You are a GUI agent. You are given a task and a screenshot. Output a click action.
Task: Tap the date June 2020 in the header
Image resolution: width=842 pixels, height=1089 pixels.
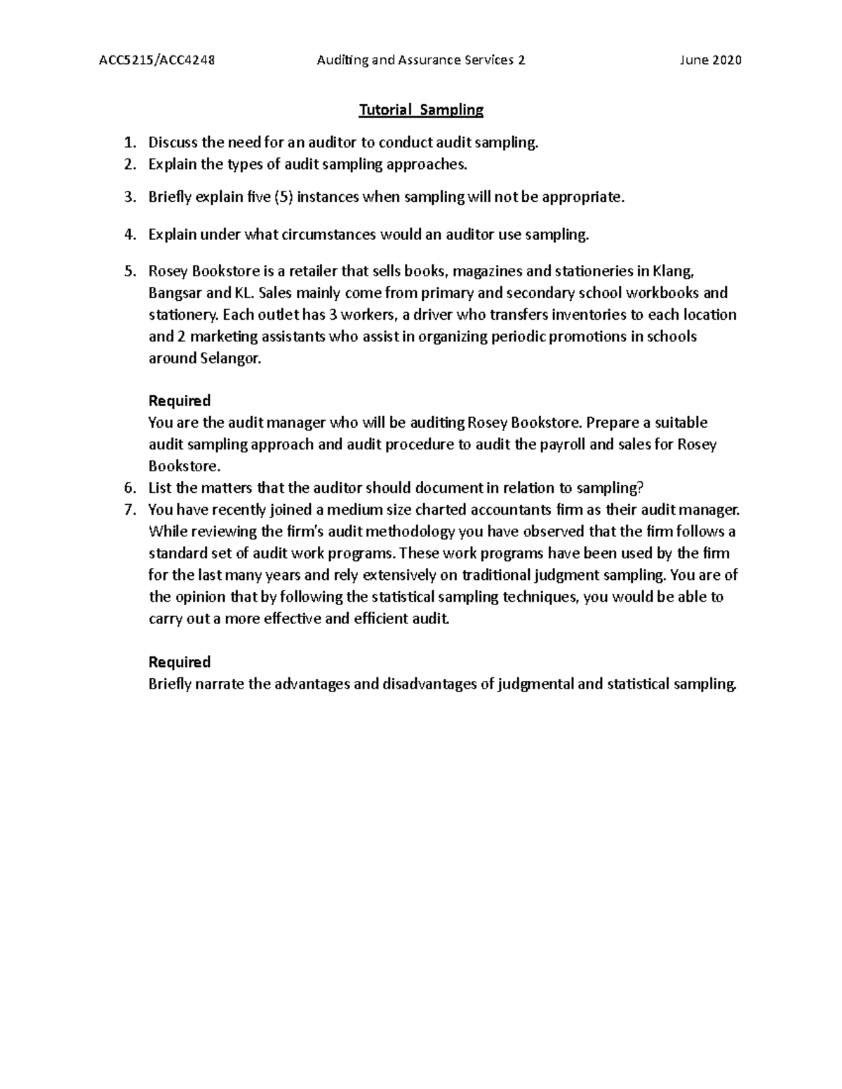point(710,60)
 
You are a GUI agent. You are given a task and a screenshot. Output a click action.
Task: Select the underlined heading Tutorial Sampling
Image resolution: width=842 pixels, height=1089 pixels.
point(421,109)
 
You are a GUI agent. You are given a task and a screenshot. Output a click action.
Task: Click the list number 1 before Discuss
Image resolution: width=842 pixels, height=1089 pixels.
point(128,143)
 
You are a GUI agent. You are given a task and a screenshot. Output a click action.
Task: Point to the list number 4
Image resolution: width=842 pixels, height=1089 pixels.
point(128,235)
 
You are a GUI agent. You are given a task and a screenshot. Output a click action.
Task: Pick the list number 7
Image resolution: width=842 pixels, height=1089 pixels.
point(128,510)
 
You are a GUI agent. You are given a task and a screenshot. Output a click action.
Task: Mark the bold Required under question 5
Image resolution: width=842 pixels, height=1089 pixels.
point(180,401)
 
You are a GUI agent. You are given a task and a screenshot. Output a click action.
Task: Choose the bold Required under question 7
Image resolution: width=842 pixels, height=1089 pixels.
point(180,663)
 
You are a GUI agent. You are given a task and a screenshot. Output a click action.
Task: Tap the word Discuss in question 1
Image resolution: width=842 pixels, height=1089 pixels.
point(173,143)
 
